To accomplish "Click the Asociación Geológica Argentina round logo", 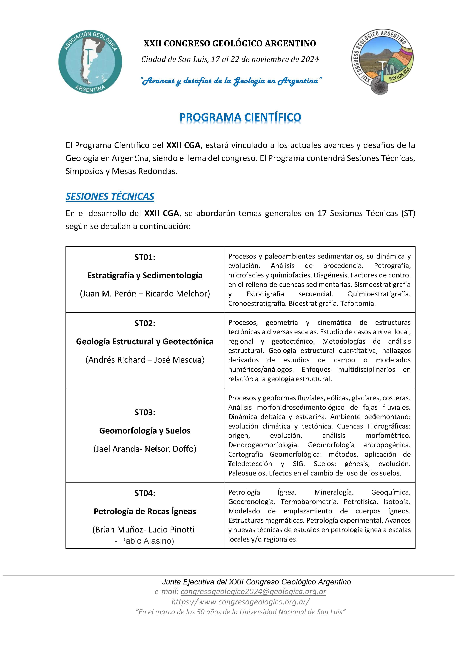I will (x=90, y=62).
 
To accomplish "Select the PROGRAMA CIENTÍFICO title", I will (x=240, y=117).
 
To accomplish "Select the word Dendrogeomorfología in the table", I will (x=263, y=445).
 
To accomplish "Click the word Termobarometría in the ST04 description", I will (x=309, y=502).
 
